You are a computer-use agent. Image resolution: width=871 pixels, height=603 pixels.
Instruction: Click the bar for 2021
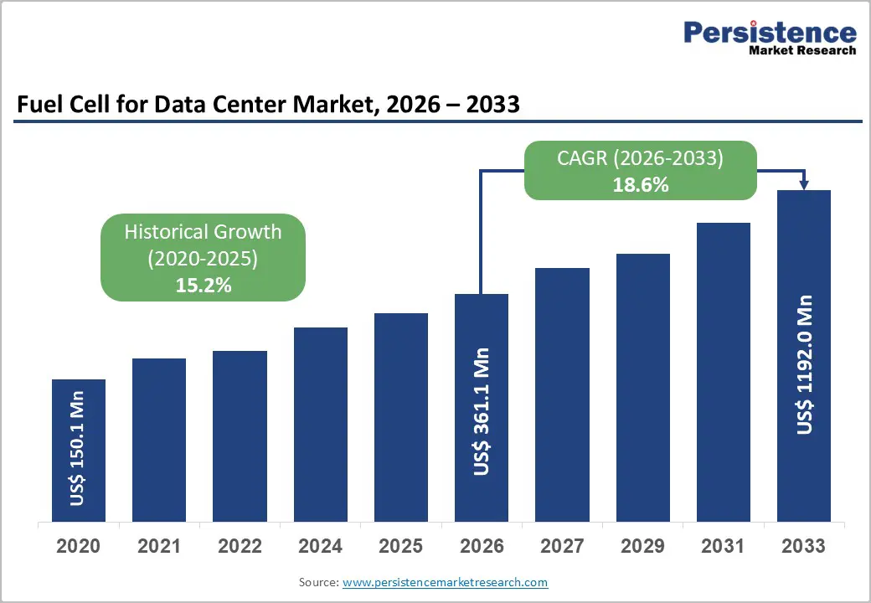click(x=159, y=440)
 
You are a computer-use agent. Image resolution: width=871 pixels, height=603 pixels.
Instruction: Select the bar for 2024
click(x=321, y=425)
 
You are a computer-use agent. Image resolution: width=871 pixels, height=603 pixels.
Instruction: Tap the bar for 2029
click(x=643, y=387)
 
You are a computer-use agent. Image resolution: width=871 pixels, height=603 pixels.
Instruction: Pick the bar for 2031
click(x=724, y=372)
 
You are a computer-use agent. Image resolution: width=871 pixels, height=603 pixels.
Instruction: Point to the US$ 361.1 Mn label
click(x=482, y=412)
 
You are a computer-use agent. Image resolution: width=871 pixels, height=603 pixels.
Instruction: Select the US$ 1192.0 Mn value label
click(x=805, y=363)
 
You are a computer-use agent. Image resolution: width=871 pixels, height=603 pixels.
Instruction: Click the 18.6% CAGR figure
click(x=640, y=185)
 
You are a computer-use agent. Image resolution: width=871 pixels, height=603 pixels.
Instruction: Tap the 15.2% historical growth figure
click(x=203, y=286)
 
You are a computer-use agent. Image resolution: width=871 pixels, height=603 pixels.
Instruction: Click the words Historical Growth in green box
click(x=203, y=232)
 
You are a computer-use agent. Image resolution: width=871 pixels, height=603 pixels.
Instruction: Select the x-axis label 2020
click(x=78, y=546)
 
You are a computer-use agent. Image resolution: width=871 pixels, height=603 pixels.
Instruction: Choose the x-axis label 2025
click(x=401, y=546)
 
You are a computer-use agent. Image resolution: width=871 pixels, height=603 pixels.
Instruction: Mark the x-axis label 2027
click(x=562, y=546)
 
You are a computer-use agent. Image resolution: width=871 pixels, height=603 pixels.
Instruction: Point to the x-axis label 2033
click(x=804, y=546)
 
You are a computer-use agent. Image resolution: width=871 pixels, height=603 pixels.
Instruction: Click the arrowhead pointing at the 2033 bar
click(x=804, y=185)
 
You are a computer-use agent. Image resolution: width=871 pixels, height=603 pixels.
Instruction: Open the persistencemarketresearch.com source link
click(x=445, y=582)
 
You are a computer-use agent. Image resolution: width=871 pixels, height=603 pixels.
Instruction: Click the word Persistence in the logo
click(x=770, y=33)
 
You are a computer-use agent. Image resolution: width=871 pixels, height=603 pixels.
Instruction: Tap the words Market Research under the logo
click(x=802, y=50)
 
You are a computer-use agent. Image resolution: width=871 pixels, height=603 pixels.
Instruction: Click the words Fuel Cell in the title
click(x=58, y=105)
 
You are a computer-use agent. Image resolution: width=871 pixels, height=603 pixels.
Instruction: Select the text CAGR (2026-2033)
click(x=640, y=158)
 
